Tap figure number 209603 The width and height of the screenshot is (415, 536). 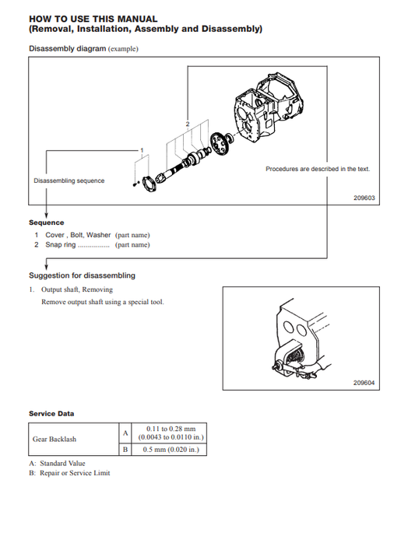pyautogui.click(x=364, y=198)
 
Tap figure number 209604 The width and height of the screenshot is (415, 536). pyautogui.click(x=364, y=383)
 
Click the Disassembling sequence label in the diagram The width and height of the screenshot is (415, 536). pyautogui.click(x=69, y=180)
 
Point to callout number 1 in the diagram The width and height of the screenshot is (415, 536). pyautogui.click(x=142, y=149)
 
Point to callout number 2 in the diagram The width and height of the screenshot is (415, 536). pyautogui.click(x=188, y=124)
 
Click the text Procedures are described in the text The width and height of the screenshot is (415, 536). pyautogui.click(x=318, y=169)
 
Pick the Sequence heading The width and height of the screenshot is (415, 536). pyautogui.click(x=47, y=222)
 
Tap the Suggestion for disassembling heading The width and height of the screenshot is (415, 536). pyautogui.click(x=82, y=275)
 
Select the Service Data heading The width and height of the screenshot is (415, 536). pyautogui.click(x=51, y=414)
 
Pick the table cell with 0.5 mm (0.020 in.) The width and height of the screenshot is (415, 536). pyautogui.click(x=170, y=450)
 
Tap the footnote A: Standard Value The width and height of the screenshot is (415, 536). pyautogui.click(x=57, y=464)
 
